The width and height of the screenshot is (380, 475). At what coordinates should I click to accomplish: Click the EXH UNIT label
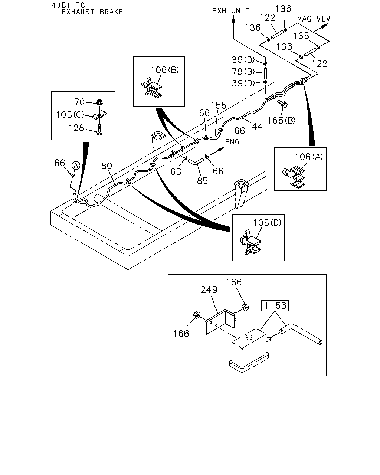click(231, 11)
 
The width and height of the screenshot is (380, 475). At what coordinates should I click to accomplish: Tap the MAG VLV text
click(314, 19)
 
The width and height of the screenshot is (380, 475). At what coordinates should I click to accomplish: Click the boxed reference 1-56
click(275, 305)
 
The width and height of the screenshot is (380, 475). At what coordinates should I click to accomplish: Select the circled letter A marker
click(76, 165)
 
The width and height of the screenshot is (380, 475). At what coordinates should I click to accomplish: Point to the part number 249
click(209, 289)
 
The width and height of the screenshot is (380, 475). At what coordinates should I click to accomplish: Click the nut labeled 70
click(99, 102)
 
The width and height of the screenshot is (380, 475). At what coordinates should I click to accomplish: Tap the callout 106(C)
click(70, 115)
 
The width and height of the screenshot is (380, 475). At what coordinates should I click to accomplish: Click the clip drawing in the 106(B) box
click(152, 88)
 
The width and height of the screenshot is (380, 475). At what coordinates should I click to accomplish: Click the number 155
click(218, 105)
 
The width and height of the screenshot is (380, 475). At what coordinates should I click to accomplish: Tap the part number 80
click(107, 166)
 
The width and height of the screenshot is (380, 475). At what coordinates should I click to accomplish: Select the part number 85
click(203, 181)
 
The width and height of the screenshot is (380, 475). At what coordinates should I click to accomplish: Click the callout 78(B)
click(243, 71)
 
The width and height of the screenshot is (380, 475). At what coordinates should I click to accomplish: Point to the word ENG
click(232, 141)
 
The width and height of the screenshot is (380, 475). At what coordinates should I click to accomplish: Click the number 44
click(257, 126)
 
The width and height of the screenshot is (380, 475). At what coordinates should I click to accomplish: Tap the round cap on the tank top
click(249, 337)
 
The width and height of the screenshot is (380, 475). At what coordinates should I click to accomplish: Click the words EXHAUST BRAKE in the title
click(92, 12)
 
